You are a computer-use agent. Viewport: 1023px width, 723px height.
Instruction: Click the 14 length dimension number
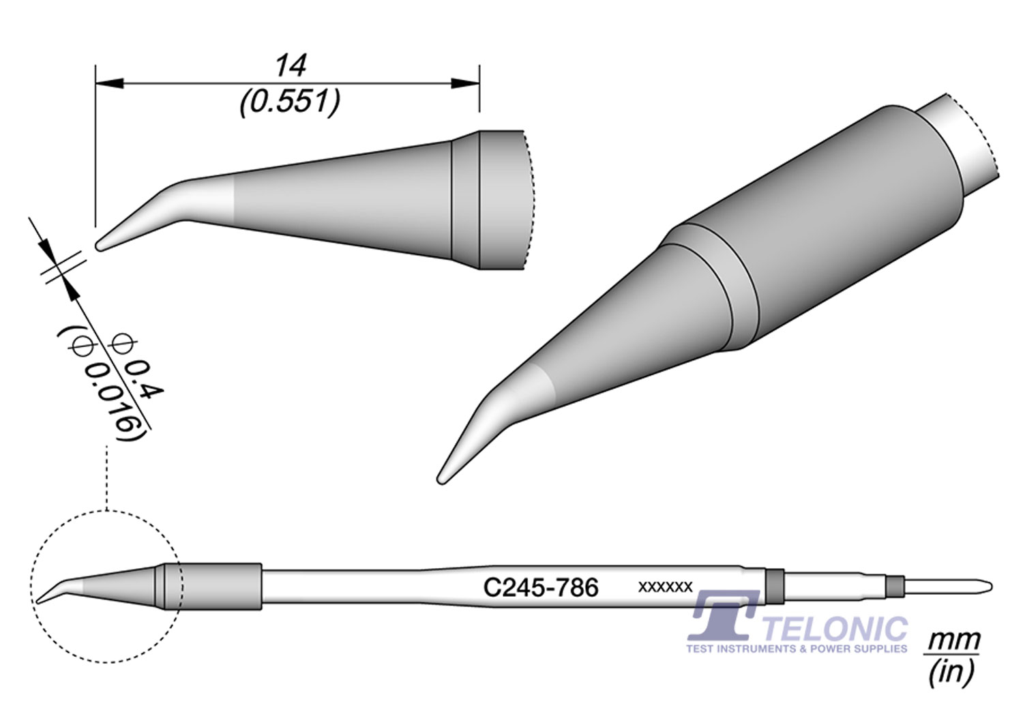click(291, 65)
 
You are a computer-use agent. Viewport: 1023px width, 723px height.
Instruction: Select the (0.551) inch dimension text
click(290, 102)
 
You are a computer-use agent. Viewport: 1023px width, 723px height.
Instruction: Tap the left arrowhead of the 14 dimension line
click(110, 84)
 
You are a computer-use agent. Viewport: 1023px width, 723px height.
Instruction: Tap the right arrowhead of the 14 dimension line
click(465, 84)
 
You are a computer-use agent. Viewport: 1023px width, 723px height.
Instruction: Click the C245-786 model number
click(541, 588)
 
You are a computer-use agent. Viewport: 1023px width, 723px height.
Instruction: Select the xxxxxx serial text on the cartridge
click(665, 587)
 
